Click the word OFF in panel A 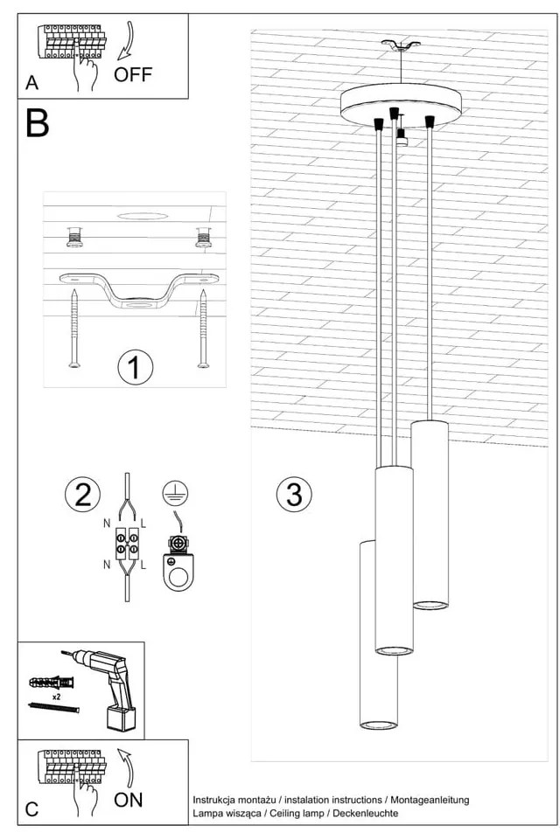[x=133, y=73]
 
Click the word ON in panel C [x=129, y=799]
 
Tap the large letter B [x=38, y=124]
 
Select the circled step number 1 [x=135, y=367]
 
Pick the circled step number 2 [x=82, y=495]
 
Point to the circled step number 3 [x=294, y=495]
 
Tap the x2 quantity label [x=56, y=698]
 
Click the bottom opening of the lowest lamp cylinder [x=379, y=725]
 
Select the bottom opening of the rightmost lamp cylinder [x=430, y=603]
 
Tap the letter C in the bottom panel [x=32, y=808]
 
